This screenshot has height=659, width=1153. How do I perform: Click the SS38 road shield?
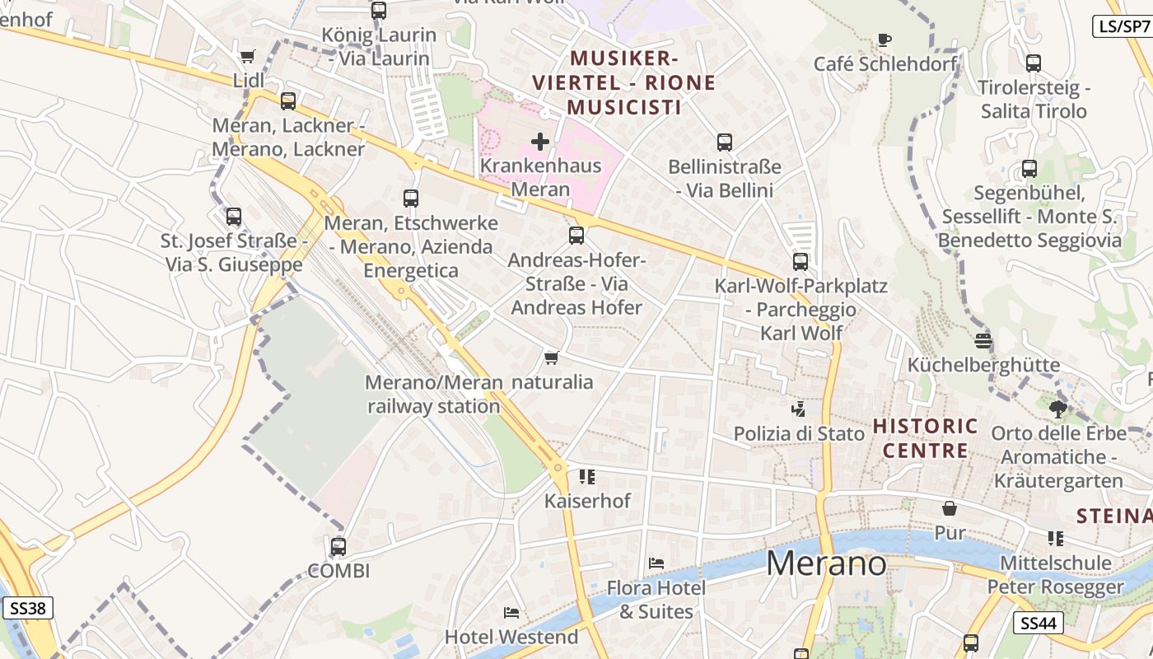[28, 609]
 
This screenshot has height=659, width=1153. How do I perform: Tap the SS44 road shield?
[1038, 623]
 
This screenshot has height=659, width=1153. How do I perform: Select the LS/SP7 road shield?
[1122, 26]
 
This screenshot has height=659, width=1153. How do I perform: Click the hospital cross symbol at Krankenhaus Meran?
[540, 142]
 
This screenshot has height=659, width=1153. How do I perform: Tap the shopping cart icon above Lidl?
[247, 56]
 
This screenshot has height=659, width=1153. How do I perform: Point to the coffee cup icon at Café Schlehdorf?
[885, 40]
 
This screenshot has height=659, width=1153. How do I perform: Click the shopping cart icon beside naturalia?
[552, 358]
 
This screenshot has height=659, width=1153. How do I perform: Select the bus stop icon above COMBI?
[338, 546]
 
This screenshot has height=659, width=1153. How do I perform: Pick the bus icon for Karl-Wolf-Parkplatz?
[800, 262]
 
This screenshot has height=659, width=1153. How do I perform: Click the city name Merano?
[826, 563]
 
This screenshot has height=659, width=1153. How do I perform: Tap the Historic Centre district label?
[926, 438]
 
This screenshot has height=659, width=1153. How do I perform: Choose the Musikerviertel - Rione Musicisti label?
[624, 82]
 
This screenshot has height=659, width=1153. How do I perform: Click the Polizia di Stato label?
[799, 433]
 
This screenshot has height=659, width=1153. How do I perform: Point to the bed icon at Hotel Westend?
[511, 613]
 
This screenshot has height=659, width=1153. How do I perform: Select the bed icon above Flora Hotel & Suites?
[656, 563]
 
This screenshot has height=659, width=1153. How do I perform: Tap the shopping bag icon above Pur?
[950, 508]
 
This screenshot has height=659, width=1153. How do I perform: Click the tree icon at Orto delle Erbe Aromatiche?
[1058, 409]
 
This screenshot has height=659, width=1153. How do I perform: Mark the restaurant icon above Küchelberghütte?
[983, 341]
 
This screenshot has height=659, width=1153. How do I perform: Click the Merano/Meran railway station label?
[434, 394]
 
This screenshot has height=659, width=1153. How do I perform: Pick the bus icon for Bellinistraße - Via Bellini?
[725, 143]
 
